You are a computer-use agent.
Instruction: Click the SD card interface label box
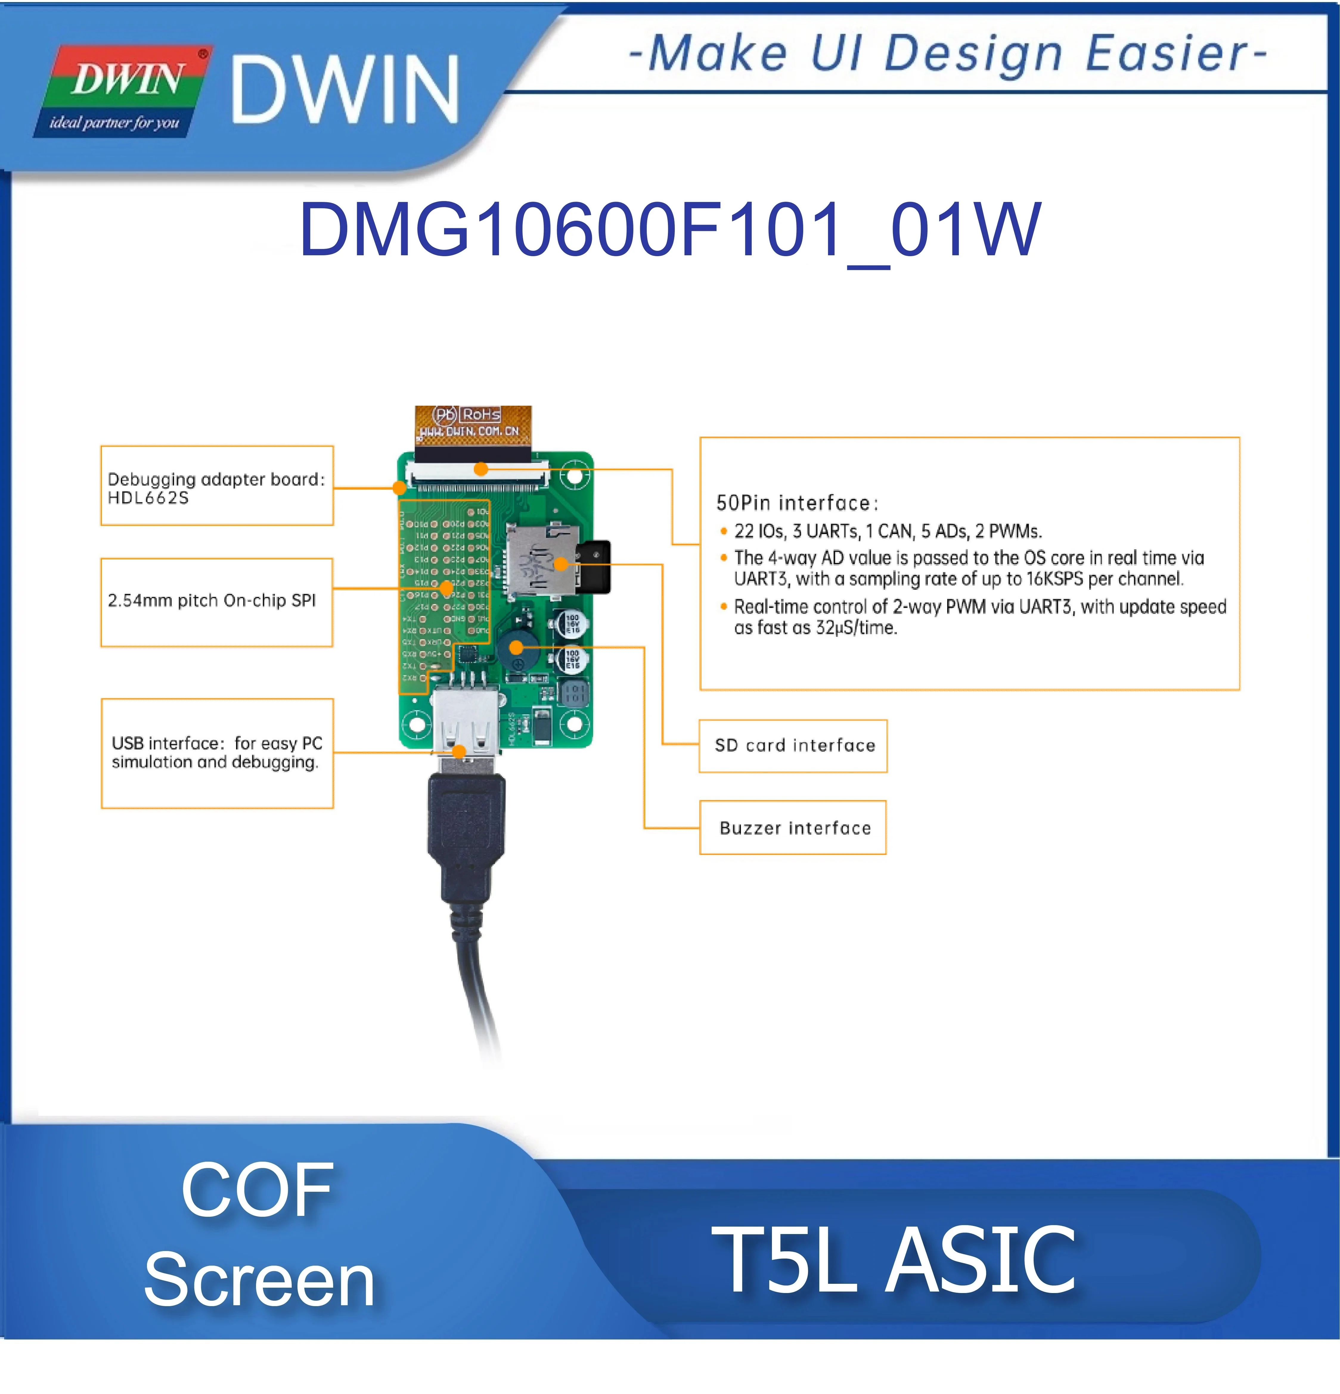point(793,745)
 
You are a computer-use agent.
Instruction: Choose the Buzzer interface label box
point(793,828)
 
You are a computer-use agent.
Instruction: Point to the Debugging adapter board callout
point(216,487)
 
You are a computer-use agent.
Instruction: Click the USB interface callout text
point(216,752)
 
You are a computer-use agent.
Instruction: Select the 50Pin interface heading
point(797,504)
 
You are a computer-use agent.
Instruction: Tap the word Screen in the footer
point(259,1280)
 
